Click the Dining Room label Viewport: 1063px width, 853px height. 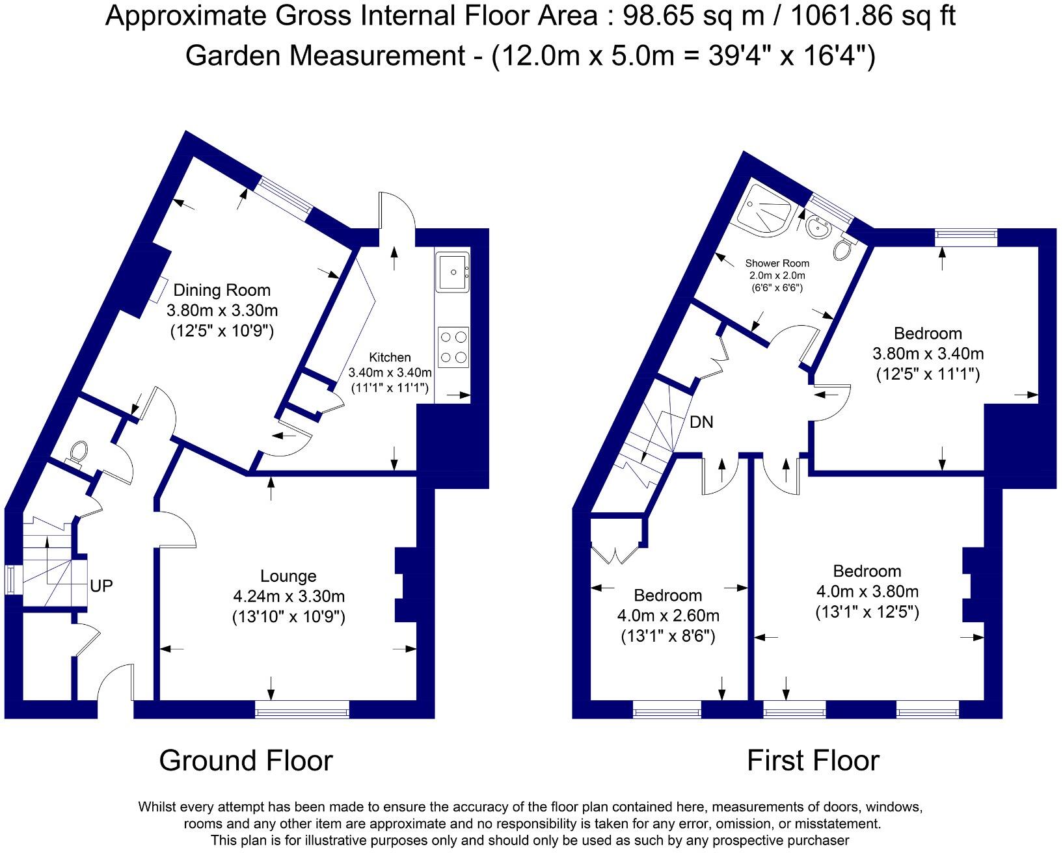221,290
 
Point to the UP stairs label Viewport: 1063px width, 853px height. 101,586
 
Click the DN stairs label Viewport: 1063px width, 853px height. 701,423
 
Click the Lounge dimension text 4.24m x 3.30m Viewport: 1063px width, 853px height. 288,596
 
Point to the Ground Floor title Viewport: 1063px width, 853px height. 246,761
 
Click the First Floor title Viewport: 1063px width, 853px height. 813,761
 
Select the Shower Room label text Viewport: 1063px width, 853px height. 777,263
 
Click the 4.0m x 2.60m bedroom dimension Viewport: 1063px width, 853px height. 667,615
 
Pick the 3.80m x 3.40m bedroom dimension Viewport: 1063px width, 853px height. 928,354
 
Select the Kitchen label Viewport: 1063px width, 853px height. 390,357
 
